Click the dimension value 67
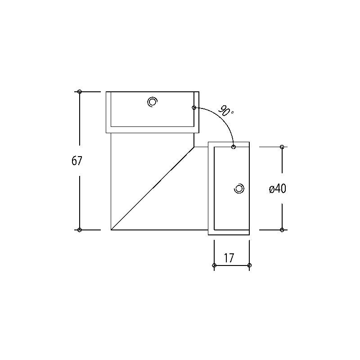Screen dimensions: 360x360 [77, 161]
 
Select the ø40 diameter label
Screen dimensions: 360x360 [277, 189]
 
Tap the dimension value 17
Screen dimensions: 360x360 [229, 258]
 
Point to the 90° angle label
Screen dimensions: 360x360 [226, 111]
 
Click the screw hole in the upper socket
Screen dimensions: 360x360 [152, 102]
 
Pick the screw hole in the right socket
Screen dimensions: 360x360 [239, 189]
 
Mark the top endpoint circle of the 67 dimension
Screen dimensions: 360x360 [80, 92]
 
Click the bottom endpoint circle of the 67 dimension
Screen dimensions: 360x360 [80, 230]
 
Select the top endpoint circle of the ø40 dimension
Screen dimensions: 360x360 [282, 147]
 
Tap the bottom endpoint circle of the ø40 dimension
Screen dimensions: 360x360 [282, 230]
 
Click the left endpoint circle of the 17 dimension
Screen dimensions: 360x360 [214, 265]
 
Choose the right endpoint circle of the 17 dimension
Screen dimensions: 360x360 [250, 265]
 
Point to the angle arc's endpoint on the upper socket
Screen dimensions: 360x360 [194, 108]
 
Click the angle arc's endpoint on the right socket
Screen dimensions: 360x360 [234, 147]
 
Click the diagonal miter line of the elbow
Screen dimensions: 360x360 [153, 188]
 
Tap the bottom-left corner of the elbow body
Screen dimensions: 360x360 [111, 229]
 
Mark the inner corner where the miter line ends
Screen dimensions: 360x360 [194, 147]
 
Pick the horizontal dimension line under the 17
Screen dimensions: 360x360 [232, 265]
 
